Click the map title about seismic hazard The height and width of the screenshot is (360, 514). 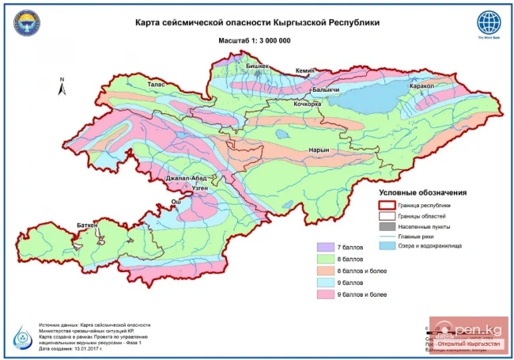[257, 22]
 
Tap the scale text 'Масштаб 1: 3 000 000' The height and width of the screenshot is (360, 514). [256, 39]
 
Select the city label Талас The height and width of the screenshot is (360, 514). [157, 81]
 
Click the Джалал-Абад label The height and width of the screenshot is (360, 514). [186, 179]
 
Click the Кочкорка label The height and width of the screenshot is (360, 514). [307, 104]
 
